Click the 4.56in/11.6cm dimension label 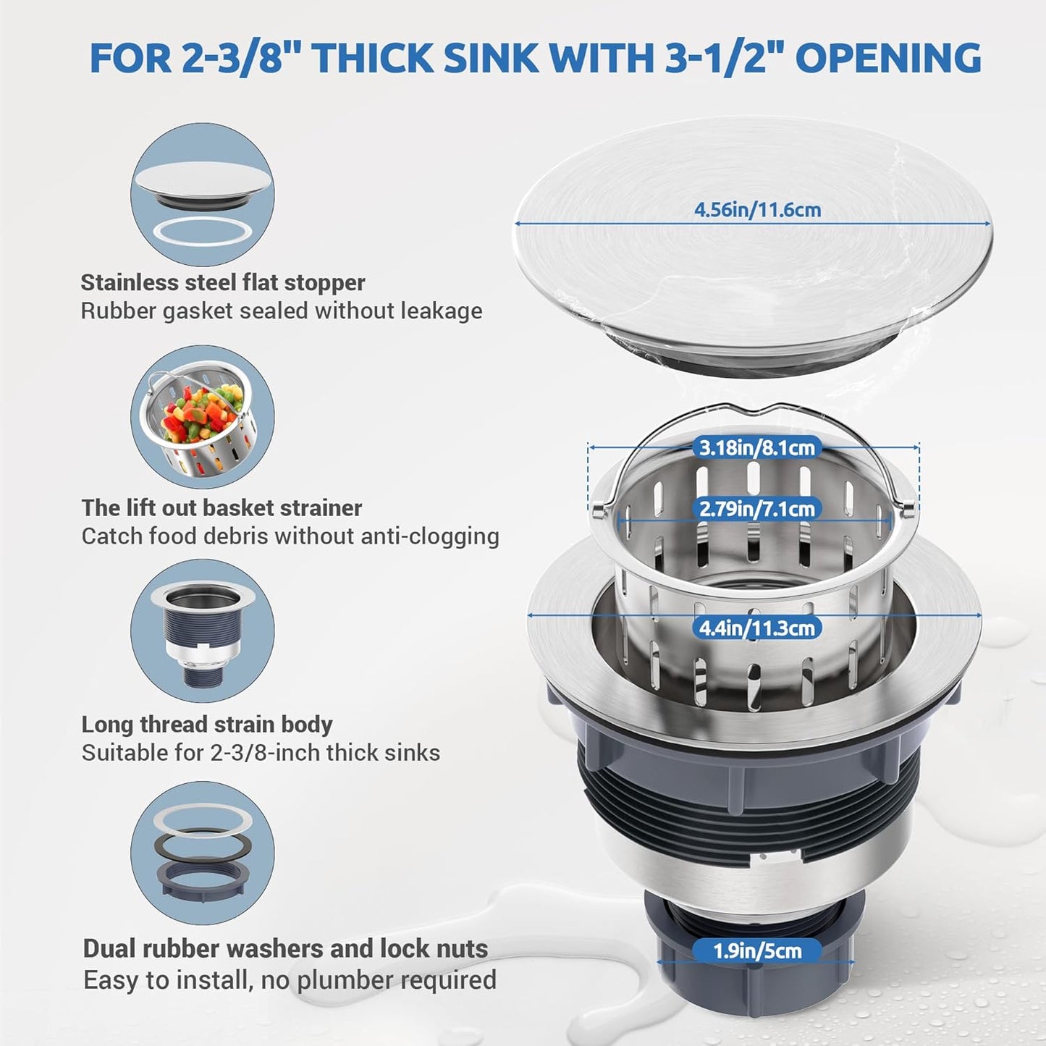tap(757, 210)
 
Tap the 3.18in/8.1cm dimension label tap(756, 447)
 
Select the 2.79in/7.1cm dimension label tap(756, 509)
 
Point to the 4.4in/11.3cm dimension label tap(756, 628)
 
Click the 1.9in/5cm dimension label tap(757, 950)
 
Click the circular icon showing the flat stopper tap(203, 195)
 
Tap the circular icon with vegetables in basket tap(203, 417)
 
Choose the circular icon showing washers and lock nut tap(203, 853)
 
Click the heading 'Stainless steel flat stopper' tap(223, 282)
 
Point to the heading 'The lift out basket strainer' tap(222, 508)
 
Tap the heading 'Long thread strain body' tap(207, 725)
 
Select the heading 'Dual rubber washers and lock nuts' tap(285, 948)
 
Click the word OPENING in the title tap(889, 58)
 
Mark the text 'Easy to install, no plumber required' tap(290, 980)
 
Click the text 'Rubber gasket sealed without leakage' tap(281, 311)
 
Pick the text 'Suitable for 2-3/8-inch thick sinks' tap(261, 753)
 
